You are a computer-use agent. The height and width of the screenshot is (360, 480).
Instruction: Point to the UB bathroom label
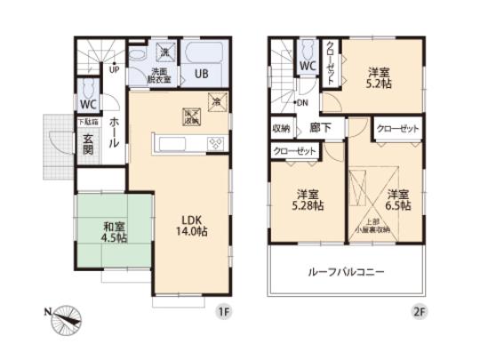pos(202,75)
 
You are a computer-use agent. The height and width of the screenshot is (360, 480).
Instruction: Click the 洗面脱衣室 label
pos(161,75)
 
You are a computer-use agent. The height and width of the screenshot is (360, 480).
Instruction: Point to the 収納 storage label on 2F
pos(281,128)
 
